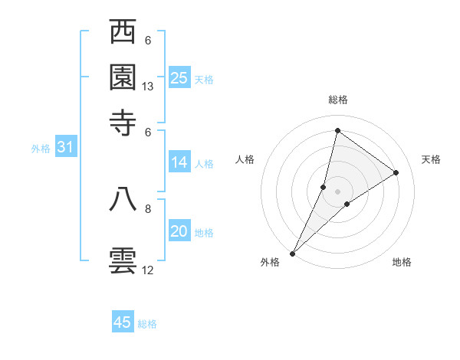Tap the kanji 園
pyautogui.click(x=123, y=77)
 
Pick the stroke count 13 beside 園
pyautogui.click(x=148, y=87)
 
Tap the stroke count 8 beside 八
pyautogui.click(x=148, y=208)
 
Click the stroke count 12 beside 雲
pyautogui.click(x=148, y=270)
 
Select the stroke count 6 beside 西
pyautogui.click(x=148, y=41)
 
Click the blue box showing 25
pyautogui.click(x=179, y=77)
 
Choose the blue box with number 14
pyautogui.click(x=179, y=162)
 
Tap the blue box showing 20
pyautogui.click(x=179, y=231)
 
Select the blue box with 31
pyautogui.click(x=65, y=148)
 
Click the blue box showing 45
pyautogui.click(x=123, y=322)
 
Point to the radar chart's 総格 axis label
pyautogui.click(x=337, y=100)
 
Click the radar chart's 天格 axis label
pyautogui.click(x=431, y=159)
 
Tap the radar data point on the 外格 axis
pyautogui.click(x=292, y=253)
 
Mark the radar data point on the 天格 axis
pyautogui.click(x=396, y=172)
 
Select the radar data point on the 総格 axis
pyautogui.click(x=337, y=129)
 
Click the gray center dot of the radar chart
pyautogui.click(x=337, y=191)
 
